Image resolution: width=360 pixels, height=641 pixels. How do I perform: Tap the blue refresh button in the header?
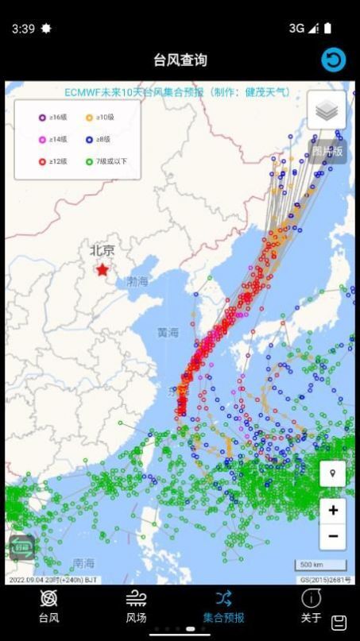pos(333,60)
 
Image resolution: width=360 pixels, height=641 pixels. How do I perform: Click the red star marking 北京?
pos(103,269)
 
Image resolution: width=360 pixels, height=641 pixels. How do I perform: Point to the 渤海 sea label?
pos(137,281)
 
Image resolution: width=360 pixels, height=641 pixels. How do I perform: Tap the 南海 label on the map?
pos(83,562)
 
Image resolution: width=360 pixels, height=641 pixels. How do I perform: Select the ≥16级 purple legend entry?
pos(53,118)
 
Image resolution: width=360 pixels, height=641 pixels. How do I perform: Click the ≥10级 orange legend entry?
pos(101,118)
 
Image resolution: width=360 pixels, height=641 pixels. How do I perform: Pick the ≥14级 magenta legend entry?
pos(53,139)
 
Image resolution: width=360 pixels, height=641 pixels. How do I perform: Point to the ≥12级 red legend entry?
pos(53,161)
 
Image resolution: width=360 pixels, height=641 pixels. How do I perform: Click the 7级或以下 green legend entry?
pos(106,161)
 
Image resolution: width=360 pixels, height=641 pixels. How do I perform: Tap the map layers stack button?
pos(326,110)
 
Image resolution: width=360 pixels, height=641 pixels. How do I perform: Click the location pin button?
pos(332,474)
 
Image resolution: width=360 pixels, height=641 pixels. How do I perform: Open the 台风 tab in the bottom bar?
pos(48,607)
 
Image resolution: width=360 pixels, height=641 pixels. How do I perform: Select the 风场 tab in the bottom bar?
pos(136,607)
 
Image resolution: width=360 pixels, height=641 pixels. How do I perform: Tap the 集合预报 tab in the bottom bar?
pos(223,607)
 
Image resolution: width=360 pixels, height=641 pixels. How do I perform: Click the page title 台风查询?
pos(180,60)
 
